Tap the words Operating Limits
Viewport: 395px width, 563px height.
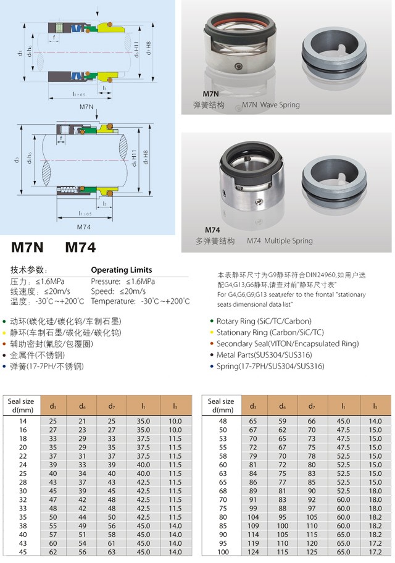coord(121,270)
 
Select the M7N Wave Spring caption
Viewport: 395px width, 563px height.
coord(271,105)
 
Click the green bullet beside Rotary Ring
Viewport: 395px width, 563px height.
coord(212,322)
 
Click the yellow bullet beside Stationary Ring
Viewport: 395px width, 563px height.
coord(212,333)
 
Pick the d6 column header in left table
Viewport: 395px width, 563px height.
coord(83,406)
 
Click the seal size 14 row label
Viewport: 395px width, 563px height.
coord(23,421)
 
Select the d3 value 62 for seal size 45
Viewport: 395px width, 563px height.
coord(53,551)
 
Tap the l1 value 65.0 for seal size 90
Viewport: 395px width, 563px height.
coord(344,534)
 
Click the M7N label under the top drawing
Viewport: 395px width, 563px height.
coord(86,107)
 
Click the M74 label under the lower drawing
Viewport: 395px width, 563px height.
coord(86,226)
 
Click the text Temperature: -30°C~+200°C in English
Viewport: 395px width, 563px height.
coord(140,301)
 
